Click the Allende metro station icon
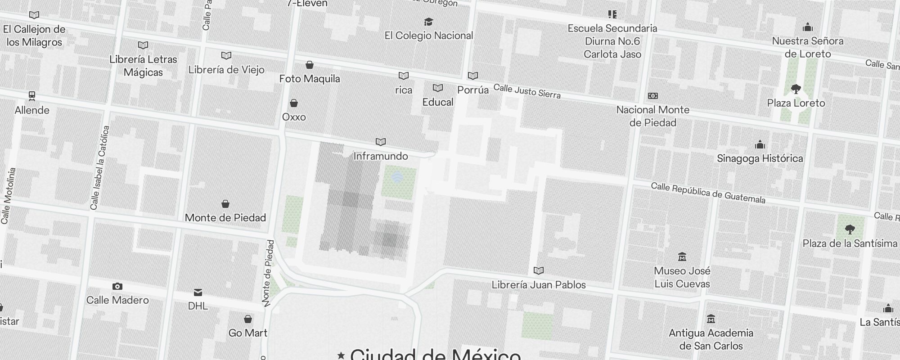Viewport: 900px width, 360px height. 32,95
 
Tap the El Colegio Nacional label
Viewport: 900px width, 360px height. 428,36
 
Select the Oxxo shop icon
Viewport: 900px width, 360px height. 294,103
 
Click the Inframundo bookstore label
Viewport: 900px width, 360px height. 381,156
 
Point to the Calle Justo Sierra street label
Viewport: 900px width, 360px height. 527,91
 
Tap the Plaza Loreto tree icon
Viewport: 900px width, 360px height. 796,89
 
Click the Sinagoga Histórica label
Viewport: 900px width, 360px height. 760,158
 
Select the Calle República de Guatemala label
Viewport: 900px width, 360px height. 708,193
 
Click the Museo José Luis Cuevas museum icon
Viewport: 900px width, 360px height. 682,257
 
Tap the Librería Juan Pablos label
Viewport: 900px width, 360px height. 539,285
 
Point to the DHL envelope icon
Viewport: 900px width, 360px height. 198,292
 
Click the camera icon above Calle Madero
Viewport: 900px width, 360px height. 117,287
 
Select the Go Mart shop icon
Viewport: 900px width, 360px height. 247,319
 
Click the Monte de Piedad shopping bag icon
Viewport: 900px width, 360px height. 225,204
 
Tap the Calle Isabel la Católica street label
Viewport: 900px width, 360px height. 100,168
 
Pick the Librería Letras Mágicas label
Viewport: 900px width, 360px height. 143,66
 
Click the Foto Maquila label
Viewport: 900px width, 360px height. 310,79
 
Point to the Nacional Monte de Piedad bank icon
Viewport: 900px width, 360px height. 652,96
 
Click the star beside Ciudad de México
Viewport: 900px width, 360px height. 341,355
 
